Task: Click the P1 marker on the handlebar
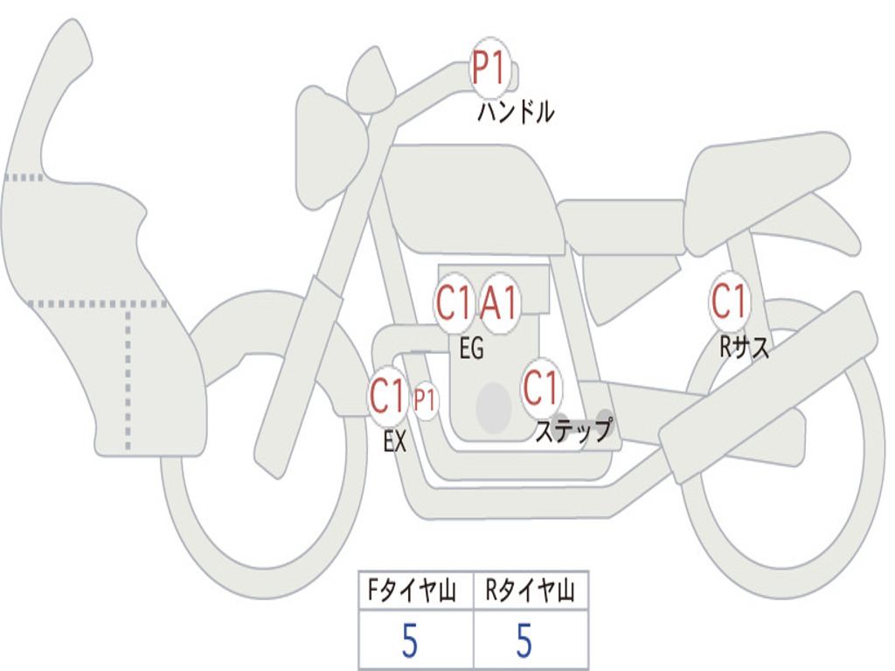point(489,68)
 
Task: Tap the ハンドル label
point(516,112)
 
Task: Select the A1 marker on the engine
point(499,303)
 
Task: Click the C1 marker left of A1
point(454,303)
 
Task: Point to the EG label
point(471,348)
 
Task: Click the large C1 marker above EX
point(387,396)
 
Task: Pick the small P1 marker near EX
point(425,400)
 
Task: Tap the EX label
point(395,441)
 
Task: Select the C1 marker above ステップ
point(540,388)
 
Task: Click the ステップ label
point(573,430)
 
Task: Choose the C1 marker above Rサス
point(730,301)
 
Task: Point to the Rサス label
point(744,346)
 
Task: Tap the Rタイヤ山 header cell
point(531,590)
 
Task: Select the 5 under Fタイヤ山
point(410,640)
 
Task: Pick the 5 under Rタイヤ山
point(524,640)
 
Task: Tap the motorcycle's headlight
point(331,148)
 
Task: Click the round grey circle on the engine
point(494,408)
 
